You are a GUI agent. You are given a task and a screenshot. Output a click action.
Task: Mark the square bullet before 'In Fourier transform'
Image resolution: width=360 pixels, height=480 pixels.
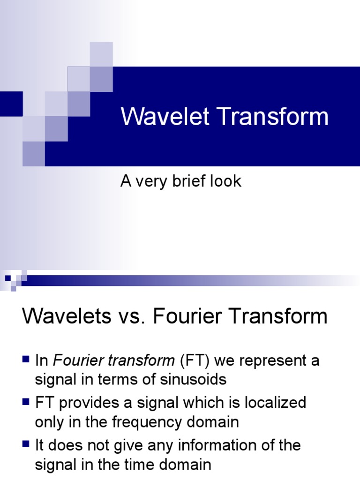click(26, 360)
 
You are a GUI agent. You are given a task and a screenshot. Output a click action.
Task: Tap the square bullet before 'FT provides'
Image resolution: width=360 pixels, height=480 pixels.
click(26, 402)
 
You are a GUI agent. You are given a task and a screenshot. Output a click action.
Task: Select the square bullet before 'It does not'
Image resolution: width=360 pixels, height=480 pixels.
click(26, 444)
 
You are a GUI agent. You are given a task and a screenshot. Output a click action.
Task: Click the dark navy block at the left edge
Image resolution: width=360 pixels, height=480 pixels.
click(11, 104)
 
